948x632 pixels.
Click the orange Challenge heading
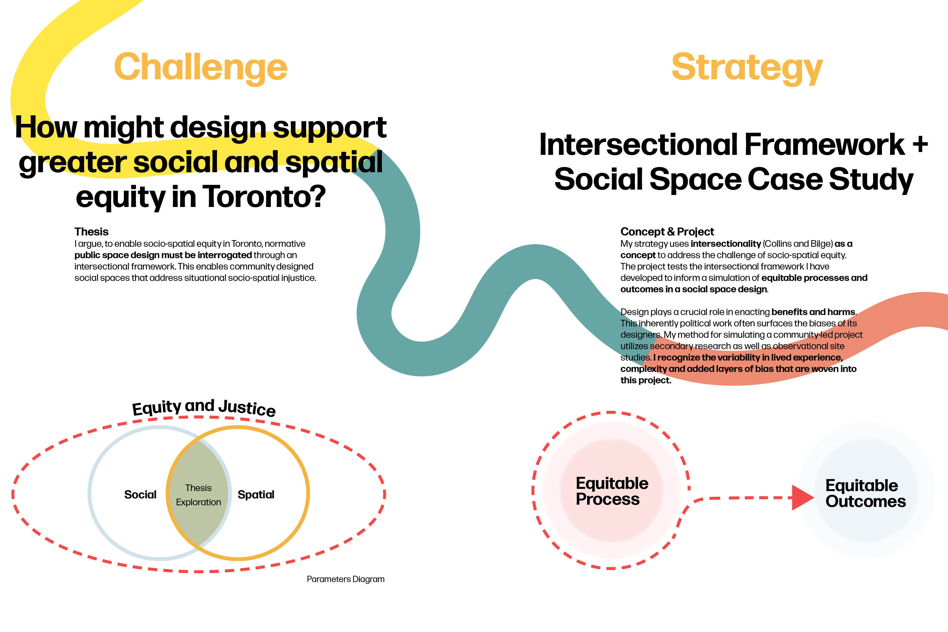[200, 67]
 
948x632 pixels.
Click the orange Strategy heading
[747, 67]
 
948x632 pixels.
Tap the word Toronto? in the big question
[264, 197]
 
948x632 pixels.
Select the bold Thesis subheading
[92, 232]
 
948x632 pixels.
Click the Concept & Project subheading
[667, 232]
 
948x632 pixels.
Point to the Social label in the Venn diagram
[140, 495]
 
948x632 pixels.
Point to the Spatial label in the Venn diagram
[256, 495]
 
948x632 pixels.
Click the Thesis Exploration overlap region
[198, 495]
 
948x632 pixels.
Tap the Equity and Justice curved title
[204, 408]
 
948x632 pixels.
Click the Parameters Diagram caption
[345, 579]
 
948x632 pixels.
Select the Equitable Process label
[611, 491]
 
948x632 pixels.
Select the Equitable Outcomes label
[866, 493]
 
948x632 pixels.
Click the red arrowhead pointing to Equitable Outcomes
[802, 498]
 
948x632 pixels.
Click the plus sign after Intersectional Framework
[920, 144]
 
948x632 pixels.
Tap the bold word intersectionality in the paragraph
[726, 244]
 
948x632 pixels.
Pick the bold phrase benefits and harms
[813, 312]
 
